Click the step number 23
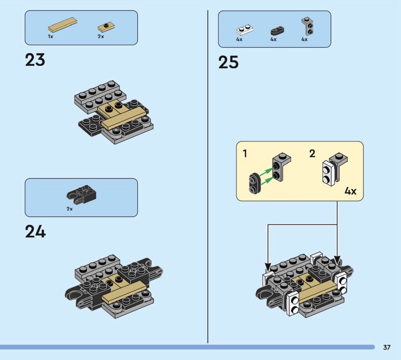tap(35, 60)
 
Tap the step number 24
tap(35, 232)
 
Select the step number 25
tap(229, 62)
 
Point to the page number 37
tap(386, 347)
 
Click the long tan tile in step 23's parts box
tap(63, 25)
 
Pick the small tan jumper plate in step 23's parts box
tap(106, 27)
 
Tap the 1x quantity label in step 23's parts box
tap(51, 37)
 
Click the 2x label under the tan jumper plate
tap(101, 37)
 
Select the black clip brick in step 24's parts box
tap(82, 193)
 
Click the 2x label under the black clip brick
tap(70, 209)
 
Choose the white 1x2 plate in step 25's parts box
tap(245, 30)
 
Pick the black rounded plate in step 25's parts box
tap(278, 31)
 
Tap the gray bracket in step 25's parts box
tap(308, 26)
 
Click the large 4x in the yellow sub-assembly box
tap(350, 191)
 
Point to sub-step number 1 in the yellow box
tap(245, 154)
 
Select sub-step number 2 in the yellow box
tap(312, 153)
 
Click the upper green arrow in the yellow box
tap(266, 171)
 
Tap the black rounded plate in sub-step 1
tap(255, 183)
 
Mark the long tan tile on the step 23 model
tap(124, 118)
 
